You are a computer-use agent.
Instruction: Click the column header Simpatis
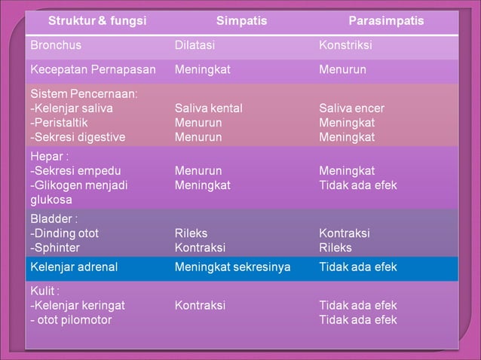241,21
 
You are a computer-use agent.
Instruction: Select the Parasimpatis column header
386,21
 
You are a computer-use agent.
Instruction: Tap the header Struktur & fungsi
97,21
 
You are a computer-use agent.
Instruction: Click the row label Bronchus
56,45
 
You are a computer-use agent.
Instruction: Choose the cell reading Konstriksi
345,45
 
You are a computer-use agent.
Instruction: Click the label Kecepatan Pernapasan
93,69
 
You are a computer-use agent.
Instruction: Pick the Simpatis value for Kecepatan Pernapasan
202,69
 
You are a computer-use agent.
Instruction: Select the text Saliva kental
208,108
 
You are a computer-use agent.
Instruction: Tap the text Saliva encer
352,108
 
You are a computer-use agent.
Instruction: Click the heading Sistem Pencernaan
84,94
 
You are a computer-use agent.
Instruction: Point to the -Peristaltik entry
60,123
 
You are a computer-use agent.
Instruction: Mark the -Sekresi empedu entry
75,171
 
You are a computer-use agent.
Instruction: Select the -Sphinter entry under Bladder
55,248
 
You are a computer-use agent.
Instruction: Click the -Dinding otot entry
64,233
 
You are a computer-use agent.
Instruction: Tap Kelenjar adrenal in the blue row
74,267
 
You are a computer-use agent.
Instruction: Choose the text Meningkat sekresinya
232,267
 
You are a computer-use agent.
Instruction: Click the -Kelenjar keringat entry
78,306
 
